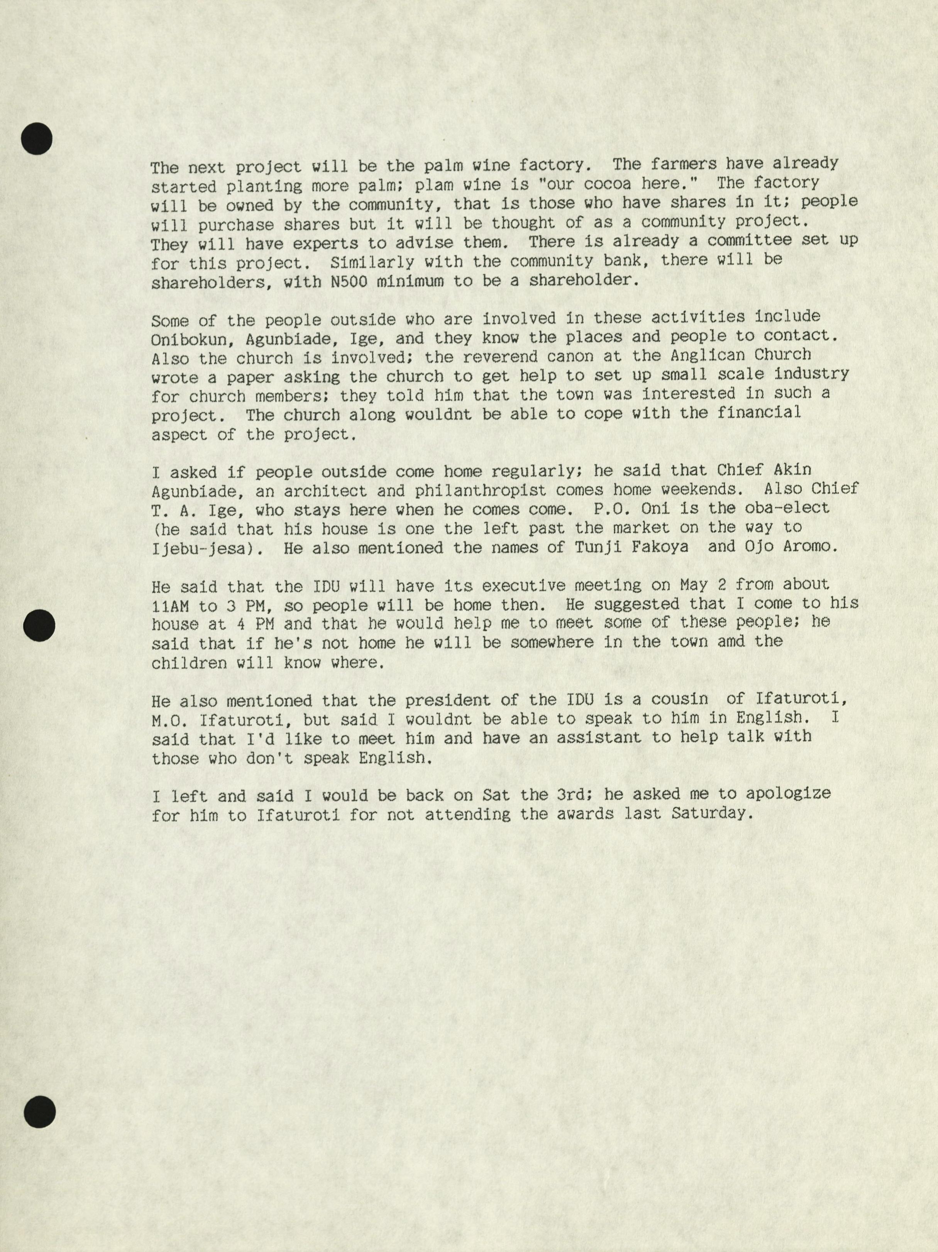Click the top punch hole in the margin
(x=37, y=137)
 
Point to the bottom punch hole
(x=40, y=1110)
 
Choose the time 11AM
(x=170, y=606)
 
